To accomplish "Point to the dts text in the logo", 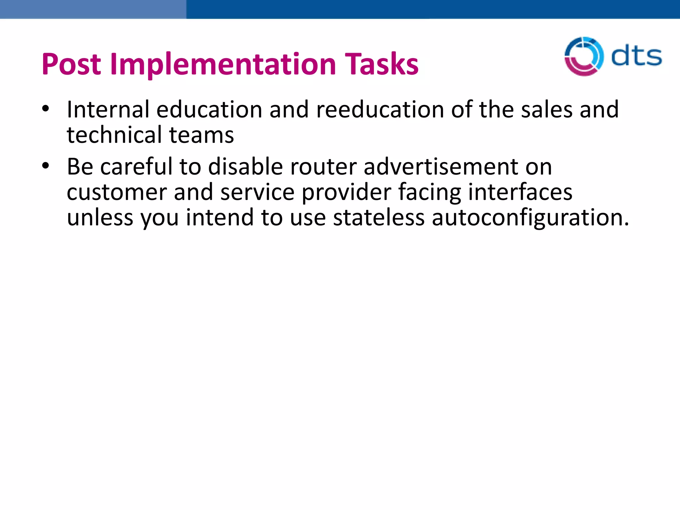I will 636,56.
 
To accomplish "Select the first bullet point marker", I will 45,109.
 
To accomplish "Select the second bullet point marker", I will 45,166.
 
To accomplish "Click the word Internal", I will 108,110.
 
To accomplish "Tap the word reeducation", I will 380,110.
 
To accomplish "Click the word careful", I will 136,166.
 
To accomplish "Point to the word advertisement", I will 441,166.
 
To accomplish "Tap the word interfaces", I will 520,192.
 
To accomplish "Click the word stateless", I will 379,218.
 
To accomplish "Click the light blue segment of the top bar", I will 93,9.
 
